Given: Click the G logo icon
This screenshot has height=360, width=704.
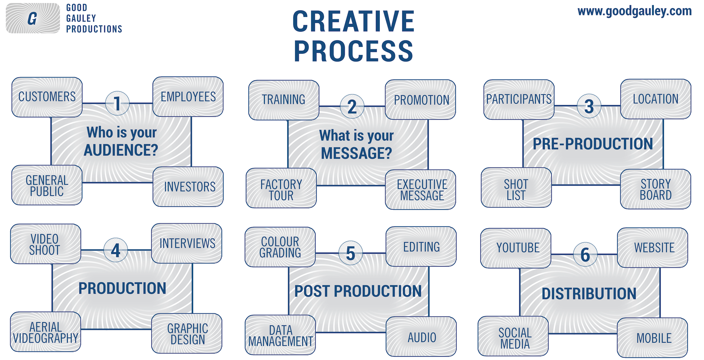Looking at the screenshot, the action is (33, 18).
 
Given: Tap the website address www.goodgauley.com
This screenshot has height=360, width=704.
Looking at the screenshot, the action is (634, 11).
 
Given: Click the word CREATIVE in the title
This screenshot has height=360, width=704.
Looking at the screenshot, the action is (353, 21).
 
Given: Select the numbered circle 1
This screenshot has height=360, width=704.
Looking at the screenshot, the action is (117, 103).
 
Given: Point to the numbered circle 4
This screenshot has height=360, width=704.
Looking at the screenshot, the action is (116, 250).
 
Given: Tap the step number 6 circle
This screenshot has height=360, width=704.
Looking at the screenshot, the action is (585, 254).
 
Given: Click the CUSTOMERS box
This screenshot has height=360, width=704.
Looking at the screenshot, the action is (47, 97).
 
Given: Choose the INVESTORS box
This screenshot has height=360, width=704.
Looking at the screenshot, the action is (188, 187).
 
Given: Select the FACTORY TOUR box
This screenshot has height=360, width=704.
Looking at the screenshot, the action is (281, 188).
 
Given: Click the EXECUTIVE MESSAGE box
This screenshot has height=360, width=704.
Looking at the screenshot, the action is (420, 190).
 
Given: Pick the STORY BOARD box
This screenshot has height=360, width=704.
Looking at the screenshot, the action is (656, 189).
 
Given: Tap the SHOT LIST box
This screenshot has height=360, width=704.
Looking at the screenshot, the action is (516, 187).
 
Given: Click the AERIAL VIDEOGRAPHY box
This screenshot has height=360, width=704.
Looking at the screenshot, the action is (46, 332).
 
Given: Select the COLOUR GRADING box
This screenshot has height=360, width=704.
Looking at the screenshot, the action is (280, 247).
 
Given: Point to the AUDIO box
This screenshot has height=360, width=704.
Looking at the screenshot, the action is (421, 336).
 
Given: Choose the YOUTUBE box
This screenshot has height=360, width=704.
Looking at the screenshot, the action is (516, 248).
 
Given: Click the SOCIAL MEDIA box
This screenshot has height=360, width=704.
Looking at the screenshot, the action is (513, 336).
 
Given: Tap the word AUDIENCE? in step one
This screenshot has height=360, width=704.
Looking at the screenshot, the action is (121, 150).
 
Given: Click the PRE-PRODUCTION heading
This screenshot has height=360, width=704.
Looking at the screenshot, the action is (593, 144).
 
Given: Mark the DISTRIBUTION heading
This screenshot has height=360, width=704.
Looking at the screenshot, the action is (589, 294).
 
